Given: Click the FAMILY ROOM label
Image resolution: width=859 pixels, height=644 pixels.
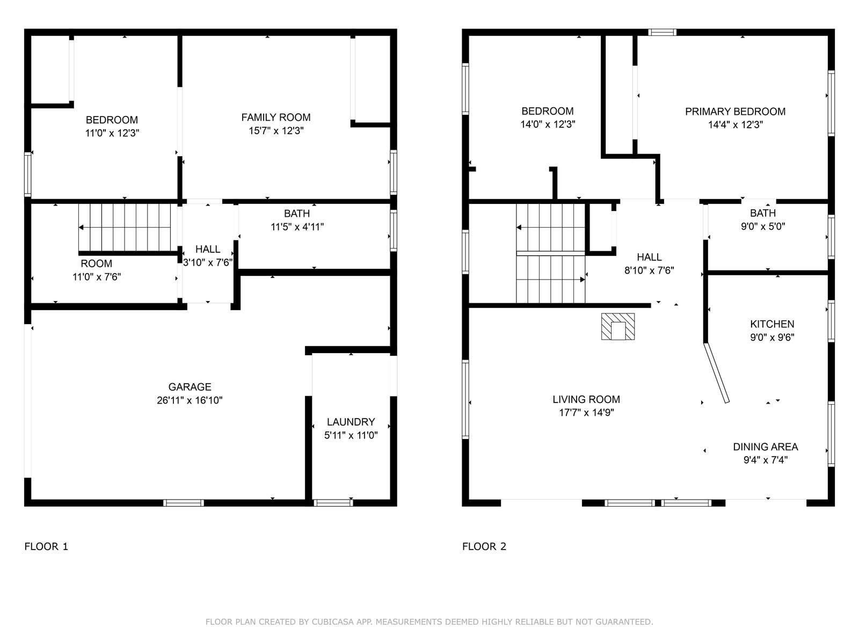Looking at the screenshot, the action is click(x=276, y=118).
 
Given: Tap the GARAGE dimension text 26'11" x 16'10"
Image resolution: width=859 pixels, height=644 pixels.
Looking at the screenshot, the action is click(x=190, y=400).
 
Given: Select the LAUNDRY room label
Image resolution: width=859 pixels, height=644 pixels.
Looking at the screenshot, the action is click(x=351, y=422).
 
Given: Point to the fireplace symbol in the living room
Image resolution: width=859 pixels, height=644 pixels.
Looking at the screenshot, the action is click(x=618, y=326).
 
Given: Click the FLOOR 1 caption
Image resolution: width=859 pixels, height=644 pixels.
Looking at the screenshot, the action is click(x=46, y=546).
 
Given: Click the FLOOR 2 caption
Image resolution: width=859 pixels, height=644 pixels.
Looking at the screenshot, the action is click(x=484, y=546).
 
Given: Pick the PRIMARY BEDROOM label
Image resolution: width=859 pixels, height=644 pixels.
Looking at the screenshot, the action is click(x=736, y=112).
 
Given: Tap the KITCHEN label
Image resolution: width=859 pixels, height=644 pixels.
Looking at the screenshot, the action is click(x=772, y=324).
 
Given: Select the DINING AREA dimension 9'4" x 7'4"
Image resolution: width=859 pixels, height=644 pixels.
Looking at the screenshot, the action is click(x=766, y=460).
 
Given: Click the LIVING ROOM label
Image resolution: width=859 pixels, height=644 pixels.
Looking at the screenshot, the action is click(x=586, y=399).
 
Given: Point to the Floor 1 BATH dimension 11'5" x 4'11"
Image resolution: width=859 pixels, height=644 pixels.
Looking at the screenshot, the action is click(x=297, y=227).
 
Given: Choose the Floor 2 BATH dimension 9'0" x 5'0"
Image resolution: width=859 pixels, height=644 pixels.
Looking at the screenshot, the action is click(x=763, y=226).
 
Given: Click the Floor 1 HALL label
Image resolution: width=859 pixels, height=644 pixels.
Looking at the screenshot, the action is click(x=208, y=249).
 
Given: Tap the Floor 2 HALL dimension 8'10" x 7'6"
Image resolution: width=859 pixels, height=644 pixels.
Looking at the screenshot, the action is click(x=649, y=270).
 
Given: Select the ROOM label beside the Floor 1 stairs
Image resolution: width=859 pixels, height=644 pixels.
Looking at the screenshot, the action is click(x=96, y=264).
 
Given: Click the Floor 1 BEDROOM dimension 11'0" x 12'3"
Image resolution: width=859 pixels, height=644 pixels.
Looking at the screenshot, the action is click(x=112, y=133).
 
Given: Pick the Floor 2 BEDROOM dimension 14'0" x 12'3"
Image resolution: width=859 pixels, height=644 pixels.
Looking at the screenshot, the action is click(x=548, y=125).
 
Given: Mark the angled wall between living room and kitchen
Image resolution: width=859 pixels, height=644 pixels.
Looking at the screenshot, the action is click(x=717, y=373).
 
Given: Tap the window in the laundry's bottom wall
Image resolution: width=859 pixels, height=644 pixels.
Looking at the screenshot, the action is click(x=333, y=503).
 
